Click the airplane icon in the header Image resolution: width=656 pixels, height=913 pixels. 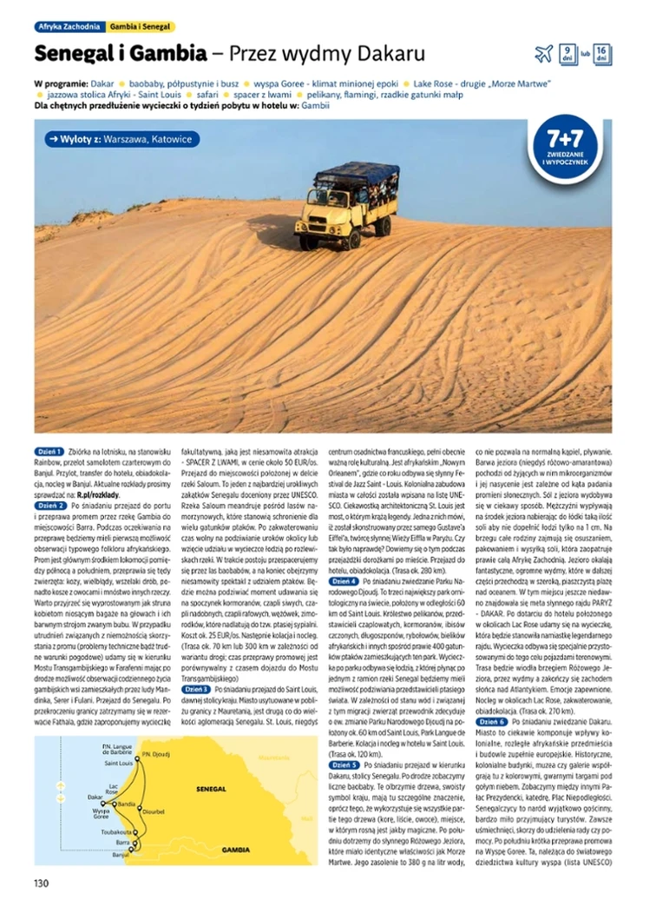(544, 54)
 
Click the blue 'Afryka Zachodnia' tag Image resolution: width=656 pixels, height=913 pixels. (71, 27)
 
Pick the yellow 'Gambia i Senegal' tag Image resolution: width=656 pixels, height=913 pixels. (141, 27)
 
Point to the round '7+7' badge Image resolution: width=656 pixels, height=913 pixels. (565, 145)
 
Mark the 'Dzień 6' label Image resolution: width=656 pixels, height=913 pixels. (492, 721)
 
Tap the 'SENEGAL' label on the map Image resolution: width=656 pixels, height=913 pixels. (212, 789)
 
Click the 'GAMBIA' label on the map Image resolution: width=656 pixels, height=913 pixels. (235, 849)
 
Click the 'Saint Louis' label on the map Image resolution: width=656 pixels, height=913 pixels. (118, 763)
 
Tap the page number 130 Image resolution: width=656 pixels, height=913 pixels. (41, 883)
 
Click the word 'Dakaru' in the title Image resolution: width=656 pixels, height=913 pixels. (388, 54)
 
